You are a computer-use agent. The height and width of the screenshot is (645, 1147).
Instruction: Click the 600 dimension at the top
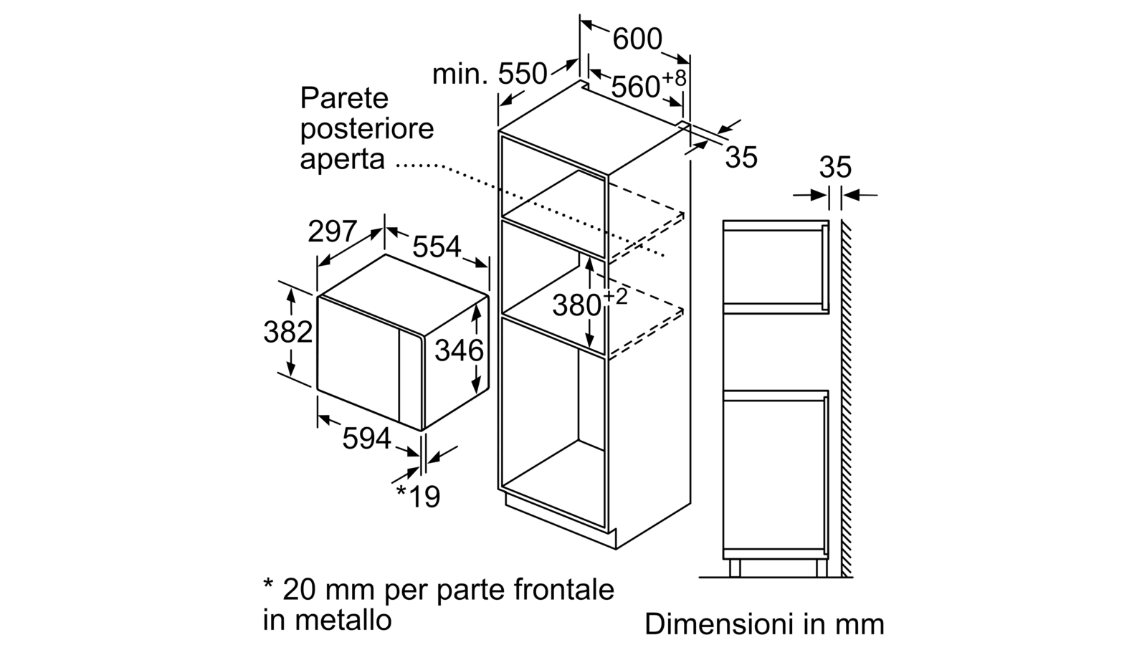pos(637,39)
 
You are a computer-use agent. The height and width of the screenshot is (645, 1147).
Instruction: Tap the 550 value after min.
pos(523,74)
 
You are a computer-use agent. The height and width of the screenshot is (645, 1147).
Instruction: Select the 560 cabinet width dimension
pos(635,87)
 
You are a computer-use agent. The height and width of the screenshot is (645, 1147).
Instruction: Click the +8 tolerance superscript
pos(674,78)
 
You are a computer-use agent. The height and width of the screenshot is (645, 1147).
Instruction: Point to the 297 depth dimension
pos(332,231)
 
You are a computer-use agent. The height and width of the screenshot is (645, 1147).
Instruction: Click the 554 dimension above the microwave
pos(437,247)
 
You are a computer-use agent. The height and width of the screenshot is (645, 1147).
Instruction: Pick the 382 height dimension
pos(287,332)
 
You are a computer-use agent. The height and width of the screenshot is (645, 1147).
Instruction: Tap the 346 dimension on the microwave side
pos(460,350)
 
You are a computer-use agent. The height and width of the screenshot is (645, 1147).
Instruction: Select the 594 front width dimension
pos(366,438)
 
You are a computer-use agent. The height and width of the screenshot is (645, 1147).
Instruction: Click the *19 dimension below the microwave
pos(419,496)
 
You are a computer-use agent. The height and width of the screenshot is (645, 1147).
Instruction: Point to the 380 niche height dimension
pos(576,305)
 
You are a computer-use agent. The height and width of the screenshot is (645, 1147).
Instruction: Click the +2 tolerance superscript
pos(616,297)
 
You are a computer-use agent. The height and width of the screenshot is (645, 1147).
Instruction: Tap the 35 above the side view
pos(835,167)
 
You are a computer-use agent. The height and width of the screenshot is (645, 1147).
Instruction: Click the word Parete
pos(344,97)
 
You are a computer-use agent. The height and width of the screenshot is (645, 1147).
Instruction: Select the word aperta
pos(342,159)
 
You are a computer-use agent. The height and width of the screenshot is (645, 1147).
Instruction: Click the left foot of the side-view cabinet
pos(735,568)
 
